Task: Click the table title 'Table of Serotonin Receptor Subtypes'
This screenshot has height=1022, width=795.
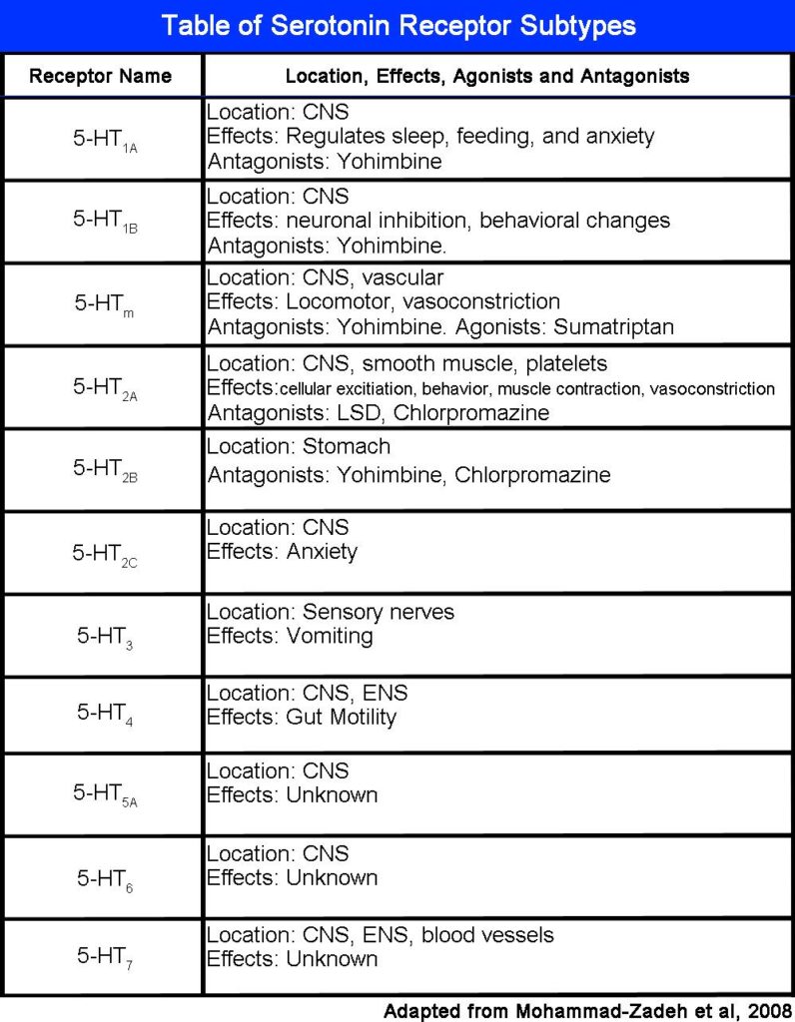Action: coord(397,25)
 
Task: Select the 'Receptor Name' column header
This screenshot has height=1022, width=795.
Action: coord(100,76)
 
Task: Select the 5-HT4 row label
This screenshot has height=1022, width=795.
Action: coord(104,715)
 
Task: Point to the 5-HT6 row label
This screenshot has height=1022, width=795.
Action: coord(104,878)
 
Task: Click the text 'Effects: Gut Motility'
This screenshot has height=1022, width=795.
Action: coord(302,717)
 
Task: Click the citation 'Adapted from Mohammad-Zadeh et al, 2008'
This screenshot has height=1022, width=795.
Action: coord(587,1010)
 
